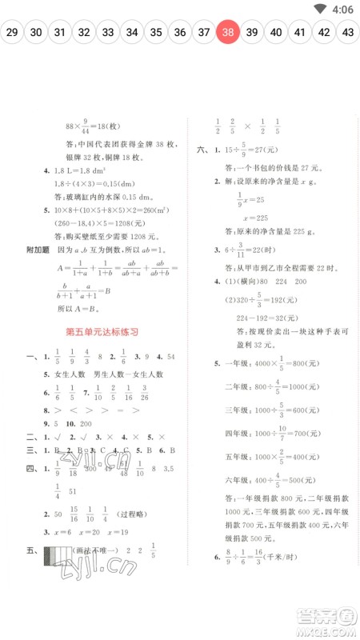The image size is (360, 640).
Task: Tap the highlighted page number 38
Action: coord(228,33)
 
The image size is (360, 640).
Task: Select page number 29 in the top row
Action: coord(12,33)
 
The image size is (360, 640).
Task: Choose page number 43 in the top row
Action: coord(348,33)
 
